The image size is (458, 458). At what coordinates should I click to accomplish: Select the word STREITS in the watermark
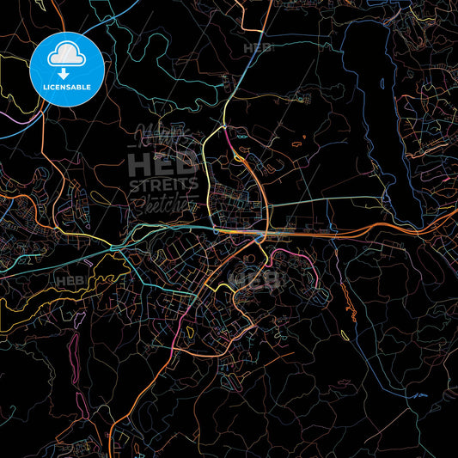tap(163, 184)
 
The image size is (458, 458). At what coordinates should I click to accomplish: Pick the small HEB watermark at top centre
tap(257, 49)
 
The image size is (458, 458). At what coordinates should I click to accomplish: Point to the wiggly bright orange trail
tap(347, 301)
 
